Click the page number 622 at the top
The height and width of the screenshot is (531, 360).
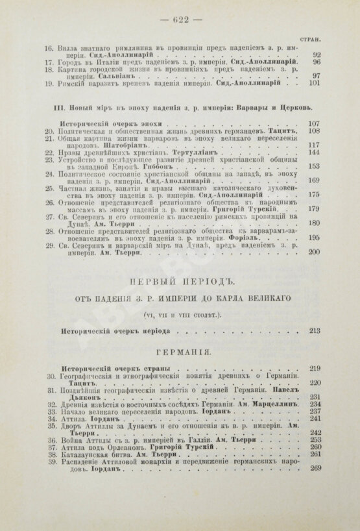click(x=180, y=19)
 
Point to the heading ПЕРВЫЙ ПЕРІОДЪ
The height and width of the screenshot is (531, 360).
click(x=179, y=280)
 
